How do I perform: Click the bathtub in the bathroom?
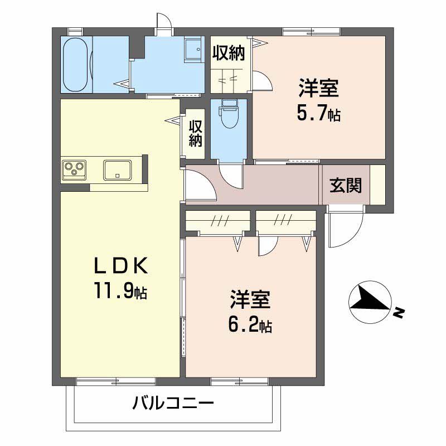coord(75,64)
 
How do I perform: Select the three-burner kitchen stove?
coord(74,170)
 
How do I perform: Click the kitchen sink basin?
coord(118,170)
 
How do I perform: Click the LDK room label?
coord(121,265)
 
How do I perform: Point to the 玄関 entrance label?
coord(346,186)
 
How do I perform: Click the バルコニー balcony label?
coord(173,403)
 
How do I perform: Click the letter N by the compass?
coord(399,313)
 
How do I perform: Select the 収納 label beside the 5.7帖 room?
coord(229,53)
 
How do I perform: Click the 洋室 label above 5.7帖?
coord(318,88)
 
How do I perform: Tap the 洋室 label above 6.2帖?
coord(250,299)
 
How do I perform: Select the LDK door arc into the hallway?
coord(208,180)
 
